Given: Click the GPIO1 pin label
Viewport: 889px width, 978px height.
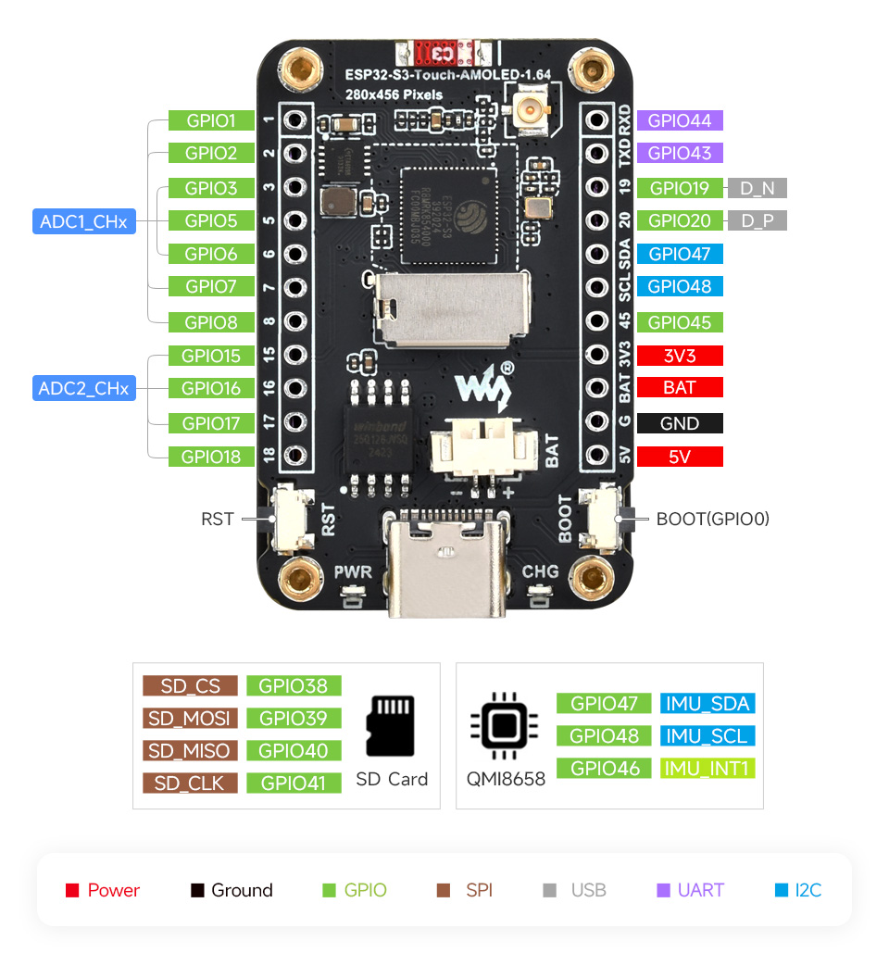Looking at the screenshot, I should pyautogui.click(x=211, y=120).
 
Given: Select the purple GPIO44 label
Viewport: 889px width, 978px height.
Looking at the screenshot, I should pyautogui.click(x=680, y=120).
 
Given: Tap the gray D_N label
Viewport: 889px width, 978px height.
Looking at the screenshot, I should pyautogui.click(x=758, y=188).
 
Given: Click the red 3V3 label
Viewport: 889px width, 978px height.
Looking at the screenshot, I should pyautogui.click(x=680, y=356).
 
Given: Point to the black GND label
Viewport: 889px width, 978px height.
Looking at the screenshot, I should pyautogui.click(x=680, y=423).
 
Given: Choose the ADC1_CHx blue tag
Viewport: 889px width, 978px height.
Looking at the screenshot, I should pyautogui.click(x=83, y=221).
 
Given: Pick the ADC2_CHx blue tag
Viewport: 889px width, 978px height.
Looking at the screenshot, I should pyautogui.click(x=83, y=388).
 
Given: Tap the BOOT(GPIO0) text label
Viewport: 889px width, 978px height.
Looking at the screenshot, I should pyautogui.click(x=713, y=519).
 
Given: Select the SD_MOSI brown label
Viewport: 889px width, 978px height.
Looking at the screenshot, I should pyautogui.click(x=190, y=718).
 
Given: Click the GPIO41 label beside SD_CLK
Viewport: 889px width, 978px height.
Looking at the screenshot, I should pyautogui.click(x=294, y=783).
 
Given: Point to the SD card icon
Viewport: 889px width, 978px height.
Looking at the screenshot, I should pyautogui.click(x=391, y=726).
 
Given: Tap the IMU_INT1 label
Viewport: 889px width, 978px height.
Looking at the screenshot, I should pyautogui.click(x=708, y=768).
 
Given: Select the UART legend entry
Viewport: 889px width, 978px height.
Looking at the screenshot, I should pyautogui.click(x=690, y=890).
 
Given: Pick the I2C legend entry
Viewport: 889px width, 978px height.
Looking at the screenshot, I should pyautogui.click(x=797, y=890).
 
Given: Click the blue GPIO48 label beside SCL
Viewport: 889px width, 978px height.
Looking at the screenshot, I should pyautogui.click(x=680, y=286).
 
